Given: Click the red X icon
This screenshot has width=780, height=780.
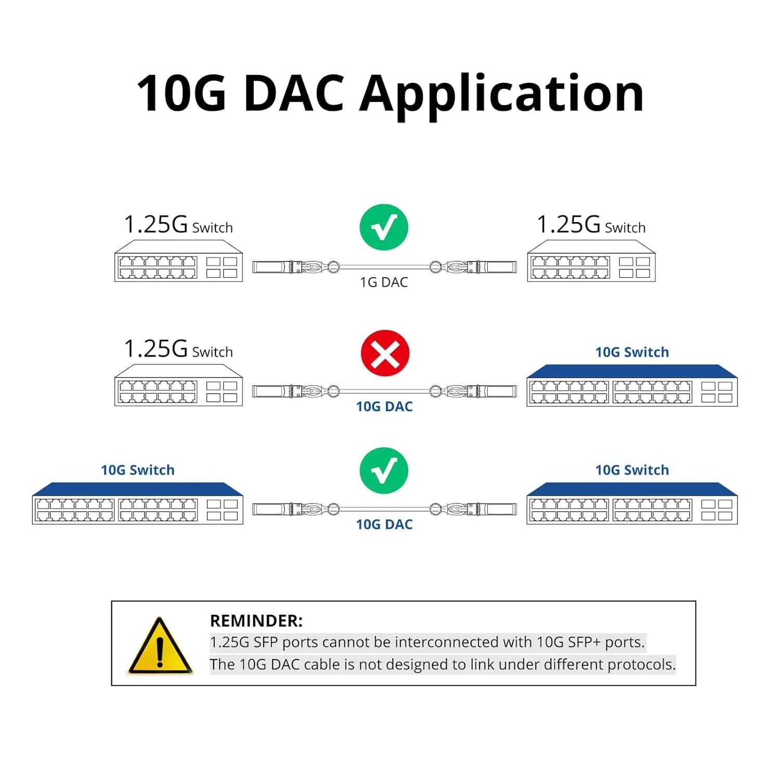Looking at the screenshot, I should (385, 353).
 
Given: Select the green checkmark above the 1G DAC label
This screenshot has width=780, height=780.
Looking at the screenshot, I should (384, 227).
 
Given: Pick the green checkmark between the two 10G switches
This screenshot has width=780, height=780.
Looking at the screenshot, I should (384, 470).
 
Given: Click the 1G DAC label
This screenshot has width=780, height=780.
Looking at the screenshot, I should (384, 282).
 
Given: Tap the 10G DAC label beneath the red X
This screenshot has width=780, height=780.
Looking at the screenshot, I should (384, 407).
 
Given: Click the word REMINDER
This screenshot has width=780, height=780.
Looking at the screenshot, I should (255, 621).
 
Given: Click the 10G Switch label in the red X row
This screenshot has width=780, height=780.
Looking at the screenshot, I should (632, 352).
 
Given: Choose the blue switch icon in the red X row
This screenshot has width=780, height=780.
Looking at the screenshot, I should (632, 385).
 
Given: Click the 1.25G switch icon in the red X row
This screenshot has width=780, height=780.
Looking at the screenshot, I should (178, 385).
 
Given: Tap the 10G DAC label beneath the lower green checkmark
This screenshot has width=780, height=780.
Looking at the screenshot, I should (384, 524).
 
